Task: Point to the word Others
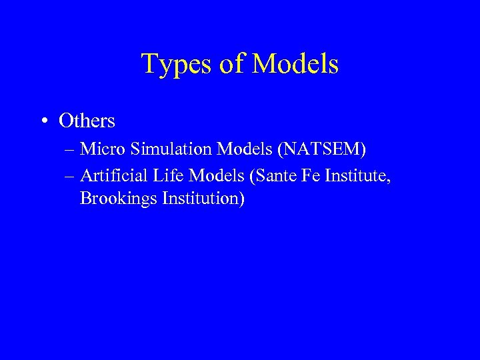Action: coord(87,121)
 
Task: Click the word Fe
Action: coord(296,175)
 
